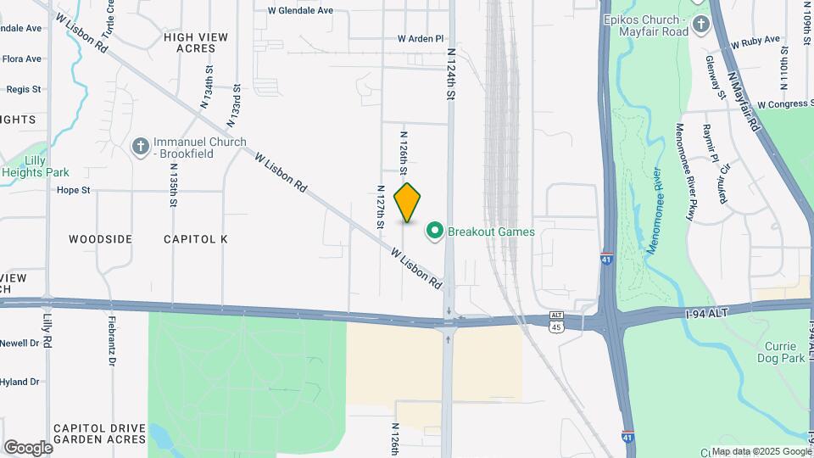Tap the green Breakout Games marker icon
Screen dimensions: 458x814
coord(435,231)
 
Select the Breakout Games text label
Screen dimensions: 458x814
coord(491,232)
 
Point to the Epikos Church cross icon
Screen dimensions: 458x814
coord(700,25)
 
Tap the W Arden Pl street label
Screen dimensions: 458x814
coord(421,39)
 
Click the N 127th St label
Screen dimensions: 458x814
coord(381,207)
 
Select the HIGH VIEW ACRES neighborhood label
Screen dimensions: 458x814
coord(190,42)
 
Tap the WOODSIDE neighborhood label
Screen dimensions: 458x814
coord(100,239)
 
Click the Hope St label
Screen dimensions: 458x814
coord(73,190)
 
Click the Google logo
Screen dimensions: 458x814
coord(28,447)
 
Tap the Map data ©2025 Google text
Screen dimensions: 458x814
coord(761,451)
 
